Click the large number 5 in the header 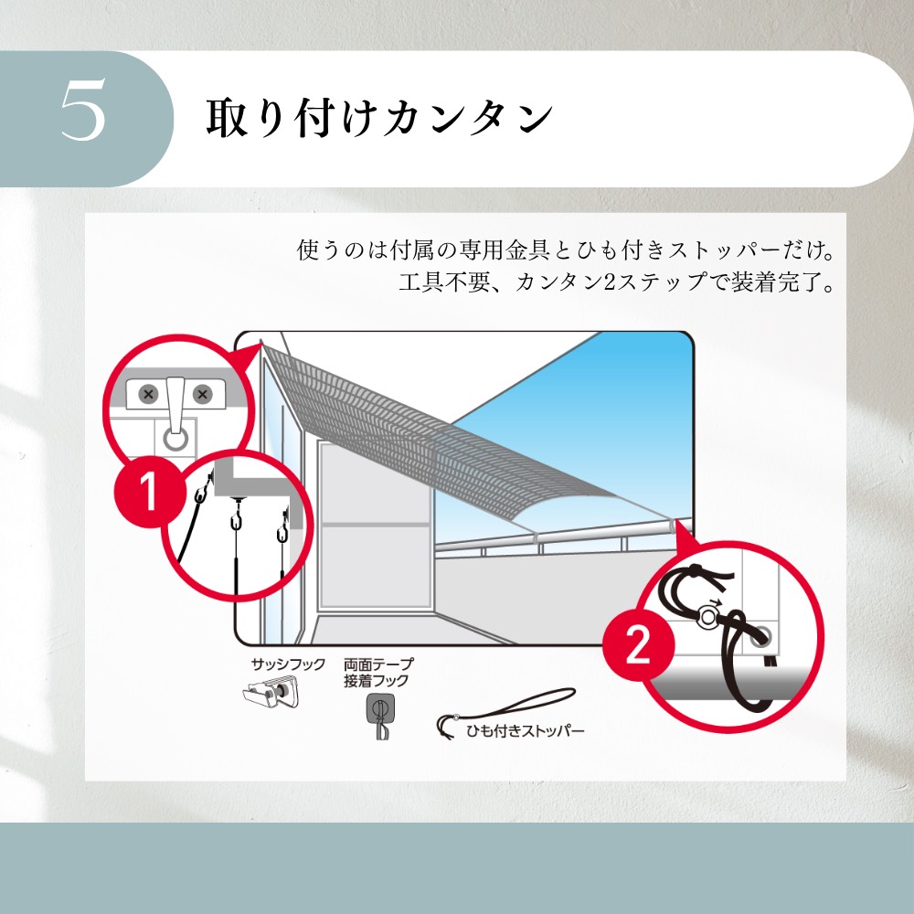[x=83, y=110]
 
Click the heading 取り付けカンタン [x=379, y=117]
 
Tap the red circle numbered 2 [x=638, y=644]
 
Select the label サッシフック [x=288, y=664]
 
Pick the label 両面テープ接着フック [x=379, y=672]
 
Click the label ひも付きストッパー [x=525, y=730]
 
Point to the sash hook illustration [x=271, y=694]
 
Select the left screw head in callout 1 [x=148, y=394]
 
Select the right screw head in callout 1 [x=202, y=394]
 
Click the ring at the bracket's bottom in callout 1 [x=175, y=439]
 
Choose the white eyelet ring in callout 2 [x=707, y=617]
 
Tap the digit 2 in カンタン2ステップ [x=609, y=282]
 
